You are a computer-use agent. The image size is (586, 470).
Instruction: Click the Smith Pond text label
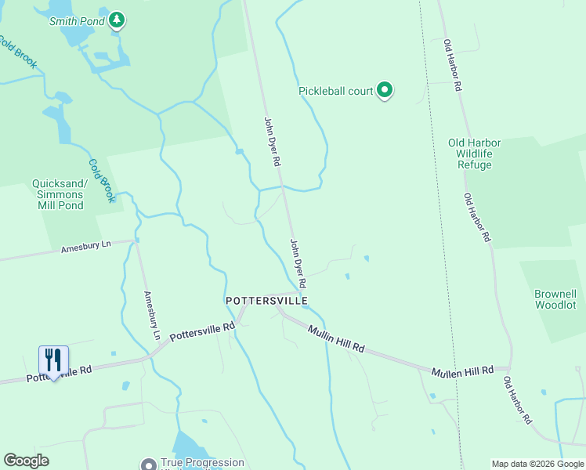coord(76,21)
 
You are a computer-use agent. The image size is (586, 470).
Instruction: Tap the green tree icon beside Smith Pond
coord(117,20)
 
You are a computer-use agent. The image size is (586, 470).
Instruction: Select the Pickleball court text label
coord(335,91)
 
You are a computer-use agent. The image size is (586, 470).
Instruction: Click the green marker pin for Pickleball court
coord(385,91)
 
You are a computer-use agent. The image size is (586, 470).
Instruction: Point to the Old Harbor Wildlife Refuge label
coord(475,154)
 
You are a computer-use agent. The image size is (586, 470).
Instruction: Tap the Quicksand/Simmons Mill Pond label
coord(57,194)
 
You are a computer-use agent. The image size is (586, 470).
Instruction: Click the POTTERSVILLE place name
coord(266,301)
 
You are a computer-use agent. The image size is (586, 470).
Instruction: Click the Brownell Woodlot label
coord(555,299)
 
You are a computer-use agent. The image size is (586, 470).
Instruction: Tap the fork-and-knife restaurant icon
coord(53,361)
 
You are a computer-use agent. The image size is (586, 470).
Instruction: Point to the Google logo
coord(26,461)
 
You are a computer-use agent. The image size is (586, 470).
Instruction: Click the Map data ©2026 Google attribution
coord(537,464)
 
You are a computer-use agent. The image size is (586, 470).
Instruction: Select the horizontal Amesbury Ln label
coord(86,248)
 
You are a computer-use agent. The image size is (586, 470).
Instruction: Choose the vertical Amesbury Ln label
coord(151,316)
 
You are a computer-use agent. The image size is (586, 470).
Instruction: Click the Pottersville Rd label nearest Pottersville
coord(202,331)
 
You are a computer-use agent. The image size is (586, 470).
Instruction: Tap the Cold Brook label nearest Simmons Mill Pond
coord(102,181)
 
